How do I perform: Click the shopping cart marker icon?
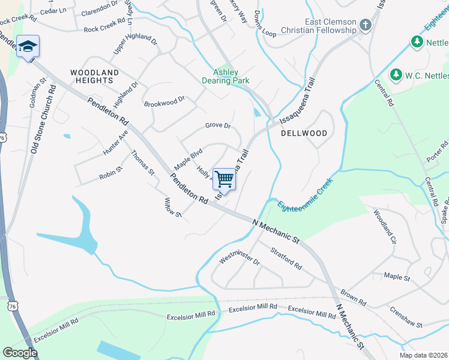[224, 178]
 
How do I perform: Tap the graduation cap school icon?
[28, 46]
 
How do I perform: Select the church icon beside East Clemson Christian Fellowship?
[364, 26]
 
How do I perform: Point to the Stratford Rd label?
[286, 257]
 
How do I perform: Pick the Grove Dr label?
[218, 125]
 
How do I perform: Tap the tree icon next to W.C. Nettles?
[396, 74]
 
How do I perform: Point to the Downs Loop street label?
[265, 25]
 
